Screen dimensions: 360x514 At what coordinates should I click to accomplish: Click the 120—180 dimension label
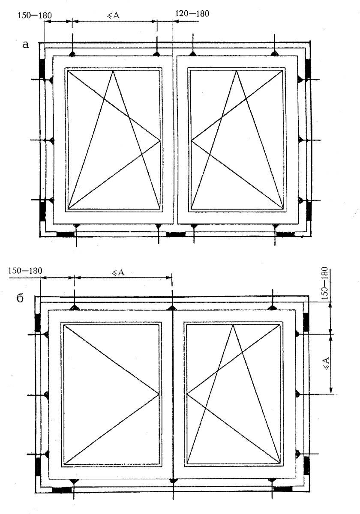pyautogui.click(x=192, y=14)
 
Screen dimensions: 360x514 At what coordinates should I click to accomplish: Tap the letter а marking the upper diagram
pyautogui.click(x=26, y=45)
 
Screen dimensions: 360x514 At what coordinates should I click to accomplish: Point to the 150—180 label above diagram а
pyautogui.click(x=35, y=15)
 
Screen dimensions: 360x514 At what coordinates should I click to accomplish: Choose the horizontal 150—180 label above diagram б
pyautogui.click(x=25, y=271)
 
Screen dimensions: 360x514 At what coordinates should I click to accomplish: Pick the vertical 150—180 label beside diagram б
pyautogui.click(x=325, y=283)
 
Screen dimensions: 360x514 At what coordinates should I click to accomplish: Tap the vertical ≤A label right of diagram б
pyautogui.click(x=326, y=363)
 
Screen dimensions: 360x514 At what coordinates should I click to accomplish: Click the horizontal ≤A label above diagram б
pyautogui.click(x=118, y=272)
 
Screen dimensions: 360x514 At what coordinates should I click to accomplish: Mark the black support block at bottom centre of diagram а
pyautogui.click(x=176, y=234)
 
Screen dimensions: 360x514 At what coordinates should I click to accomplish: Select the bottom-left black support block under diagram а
pyautogui.click(x=66, y=234)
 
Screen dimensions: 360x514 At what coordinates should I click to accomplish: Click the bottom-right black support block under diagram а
pyautogui.click(x=285, y=234)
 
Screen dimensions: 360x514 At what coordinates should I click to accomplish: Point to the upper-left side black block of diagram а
pyautogui.click(x=42, y=69)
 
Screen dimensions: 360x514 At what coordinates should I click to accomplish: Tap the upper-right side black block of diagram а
pyautogui.click(x=308, y=69)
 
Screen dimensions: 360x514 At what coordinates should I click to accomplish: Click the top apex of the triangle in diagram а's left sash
pyautogui.click(x=113, y=71)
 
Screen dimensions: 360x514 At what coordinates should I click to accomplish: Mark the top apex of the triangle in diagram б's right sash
pyautogui.click(x=233, y=325)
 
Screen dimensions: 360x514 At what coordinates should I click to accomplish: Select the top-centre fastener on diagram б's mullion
pyautogui.click(x=172, y=308)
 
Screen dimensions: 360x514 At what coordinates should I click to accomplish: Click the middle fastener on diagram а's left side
pyautogui.click(x=52, y=140)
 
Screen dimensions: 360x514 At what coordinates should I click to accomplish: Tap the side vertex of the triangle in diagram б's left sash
pyautogui.click(x=159, y=394)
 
